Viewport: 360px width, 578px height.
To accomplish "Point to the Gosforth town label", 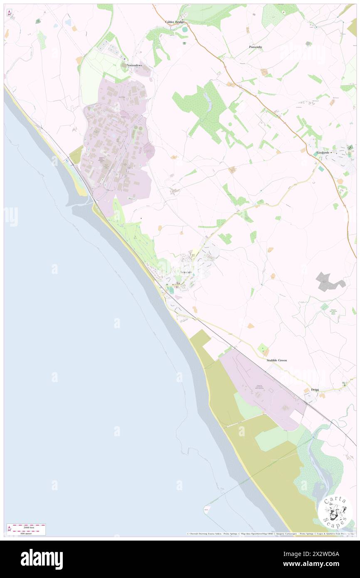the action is [323, 153].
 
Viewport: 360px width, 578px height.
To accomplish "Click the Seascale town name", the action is [186, 272].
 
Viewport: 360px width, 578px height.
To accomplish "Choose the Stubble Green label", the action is [276, 360].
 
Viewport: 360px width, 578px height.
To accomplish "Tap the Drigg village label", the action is [315, 390].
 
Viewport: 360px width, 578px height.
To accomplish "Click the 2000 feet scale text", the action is [29, 527].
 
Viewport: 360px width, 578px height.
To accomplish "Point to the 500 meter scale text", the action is [28, 533].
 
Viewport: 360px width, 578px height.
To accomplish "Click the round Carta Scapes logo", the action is [335, 510].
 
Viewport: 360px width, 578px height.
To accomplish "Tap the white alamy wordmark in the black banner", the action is [42, 559].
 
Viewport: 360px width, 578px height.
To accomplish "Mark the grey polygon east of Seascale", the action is [329, 282].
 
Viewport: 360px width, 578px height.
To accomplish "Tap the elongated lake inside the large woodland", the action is [207, 98].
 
